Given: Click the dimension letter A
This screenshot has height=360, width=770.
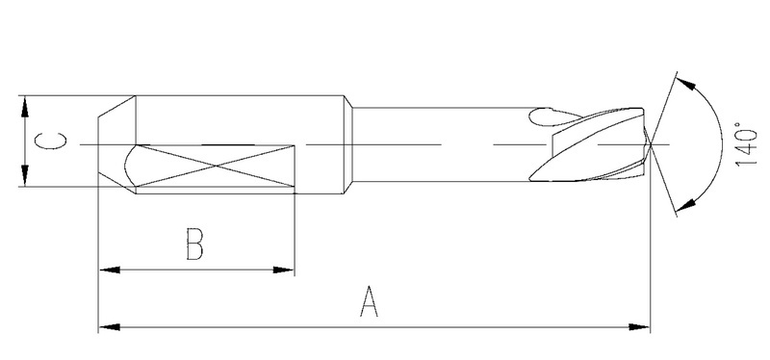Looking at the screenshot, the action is pos(369,302).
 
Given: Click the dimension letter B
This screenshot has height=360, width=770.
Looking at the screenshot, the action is pos(194,244).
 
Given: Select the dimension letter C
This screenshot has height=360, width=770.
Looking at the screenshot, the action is pos(51,141).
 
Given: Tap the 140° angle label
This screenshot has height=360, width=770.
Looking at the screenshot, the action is pos(747,145).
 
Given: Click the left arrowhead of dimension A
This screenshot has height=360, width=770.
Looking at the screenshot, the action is pos(109,326).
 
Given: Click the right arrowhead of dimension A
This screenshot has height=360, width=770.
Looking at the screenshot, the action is pos(639,326).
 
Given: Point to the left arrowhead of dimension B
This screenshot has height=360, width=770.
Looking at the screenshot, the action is pos(109,270).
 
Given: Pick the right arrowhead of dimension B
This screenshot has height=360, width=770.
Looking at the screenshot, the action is pos(284,270).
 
